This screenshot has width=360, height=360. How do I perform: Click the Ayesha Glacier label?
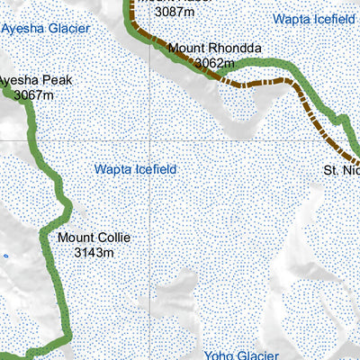tap(45, 28)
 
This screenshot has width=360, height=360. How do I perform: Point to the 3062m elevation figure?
tap(214, 63)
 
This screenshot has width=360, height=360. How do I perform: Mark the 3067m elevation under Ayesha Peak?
tap(34, 94)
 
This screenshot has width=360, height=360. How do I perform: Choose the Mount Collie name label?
tap(94, 238)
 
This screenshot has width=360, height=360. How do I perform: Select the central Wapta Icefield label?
tap(135, 169)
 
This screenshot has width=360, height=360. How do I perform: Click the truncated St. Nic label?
tap(342, 169)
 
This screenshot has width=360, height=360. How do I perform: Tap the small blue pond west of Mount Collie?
tap(4, 256)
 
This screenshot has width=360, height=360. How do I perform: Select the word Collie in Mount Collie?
tap(113, 238)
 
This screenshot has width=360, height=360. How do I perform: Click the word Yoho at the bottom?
tap(219, 355)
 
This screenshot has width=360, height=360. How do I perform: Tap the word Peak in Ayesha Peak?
tap(55, 80)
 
